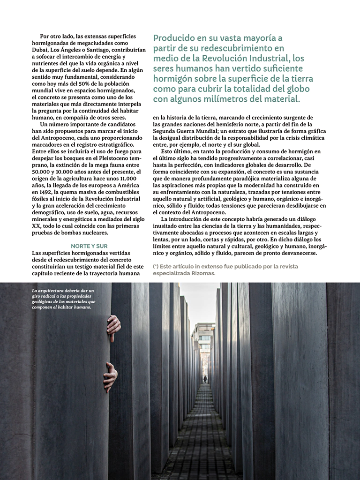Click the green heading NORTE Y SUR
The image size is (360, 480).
[89, 246]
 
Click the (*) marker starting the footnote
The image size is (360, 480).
[156, 267]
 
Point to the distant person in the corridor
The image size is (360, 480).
[205, 379]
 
